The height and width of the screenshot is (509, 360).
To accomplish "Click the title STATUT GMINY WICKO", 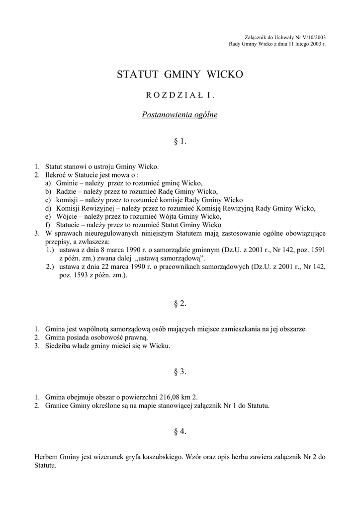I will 180,75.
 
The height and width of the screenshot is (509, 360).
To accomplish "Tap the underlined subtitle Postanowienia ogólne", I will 180,115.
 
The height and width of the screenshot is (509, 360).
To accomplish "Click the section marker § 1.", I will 180,141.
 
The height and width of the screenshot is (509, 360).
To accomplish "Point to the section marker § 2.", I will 180,304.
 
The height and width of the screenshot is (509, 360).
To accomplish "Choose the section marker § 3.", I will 180,371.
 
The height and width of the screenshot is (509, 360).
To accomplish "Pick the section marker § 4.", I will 180,431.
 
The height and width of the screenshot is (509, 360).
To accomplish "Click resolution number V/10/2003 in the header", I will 312,38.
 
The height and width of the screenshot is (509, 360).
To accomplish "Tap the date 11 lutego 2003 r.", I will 304,44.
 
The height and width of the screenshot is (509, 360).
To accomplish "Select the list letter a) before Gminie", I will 48,183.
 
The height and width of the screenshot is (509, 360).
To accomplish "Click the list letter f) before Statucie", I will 48,225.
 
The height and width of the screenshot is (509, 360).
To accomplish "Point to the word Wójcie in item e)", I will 67,216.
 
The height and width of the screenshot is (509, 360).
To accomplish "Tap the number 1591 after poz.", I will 318,250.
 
